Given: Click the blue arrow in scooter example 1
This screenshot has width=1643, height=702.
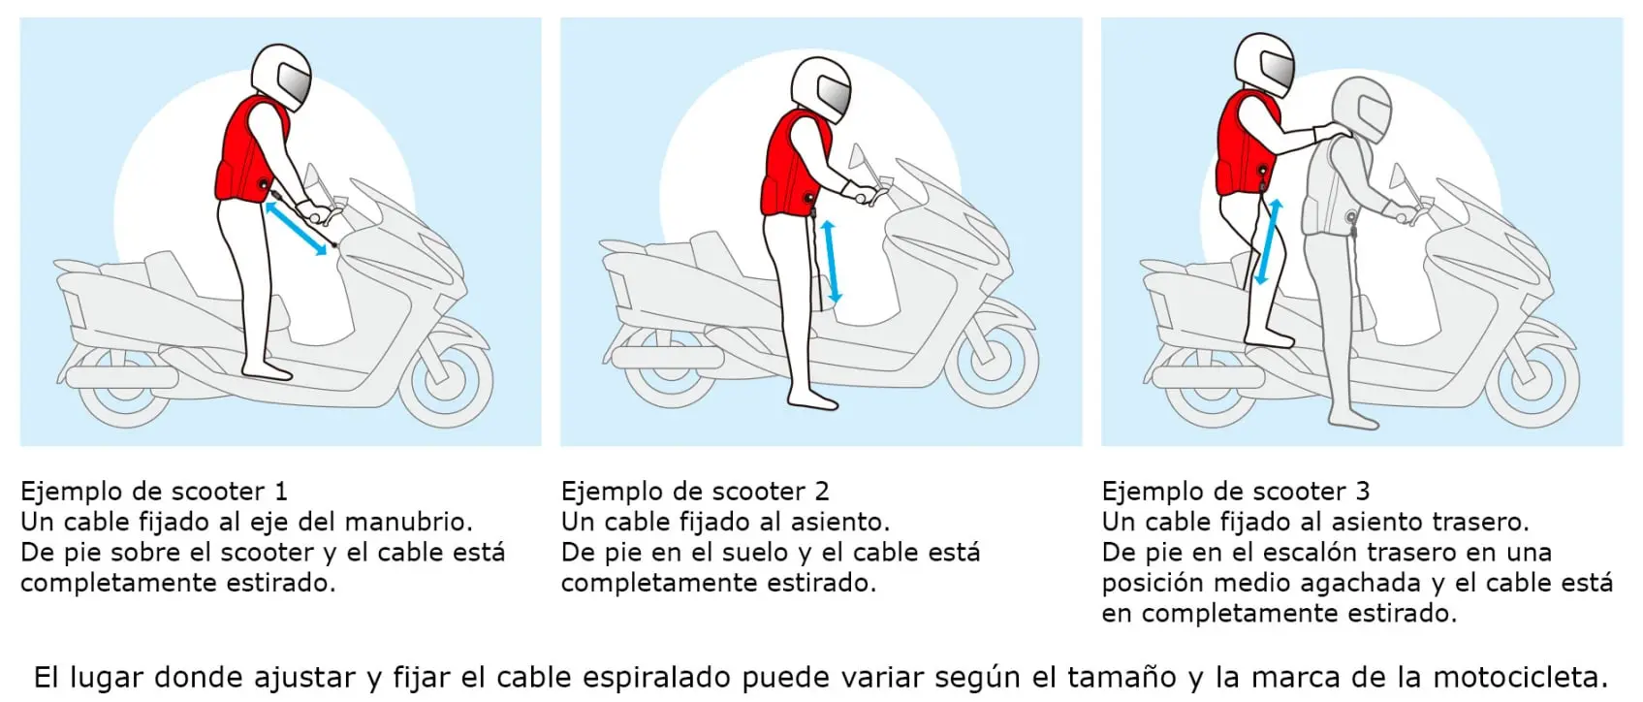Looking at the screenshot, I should point(297,230).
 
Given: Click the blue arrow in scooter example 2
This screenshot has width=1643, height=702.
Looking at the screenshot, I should point(831,261).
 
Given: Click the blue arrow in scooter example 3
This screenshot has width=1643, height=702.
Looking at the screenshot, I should point(1269,242).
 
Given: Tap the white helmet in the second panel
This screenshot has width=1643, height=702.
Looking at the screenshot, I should point(821,88).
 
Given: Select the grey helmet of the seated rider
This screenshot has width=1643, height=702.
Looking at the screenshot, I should point(1362,108).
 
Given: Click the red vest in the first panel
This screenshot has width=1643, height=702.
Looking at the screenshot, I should point(248,150).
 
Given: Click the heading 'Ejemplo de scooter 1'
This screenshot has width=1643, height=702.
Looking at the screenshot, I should point(153,491).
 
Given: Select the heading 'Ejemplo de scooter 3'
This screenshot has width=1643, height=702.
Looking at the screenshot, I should point(1235,491).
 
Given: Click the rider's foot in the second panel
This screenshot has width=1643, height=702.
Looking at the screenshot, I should point(812,399).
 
